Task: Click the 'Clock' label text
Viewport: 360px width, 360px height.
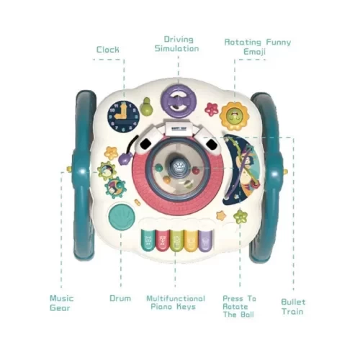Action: (108, 50)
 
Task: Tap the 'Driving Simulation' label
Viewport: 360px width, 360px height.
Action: (177, 44)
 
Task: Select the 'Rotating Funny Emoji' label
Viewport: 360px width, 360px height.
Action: (258, 47)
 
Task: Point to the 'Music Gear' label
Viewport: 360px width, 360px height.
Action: (62, 303)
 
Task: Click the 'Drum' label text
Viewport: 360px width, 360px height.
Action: (120, 299)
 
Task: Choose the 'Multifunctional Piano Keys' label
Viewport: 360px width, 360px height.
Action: (176, 302)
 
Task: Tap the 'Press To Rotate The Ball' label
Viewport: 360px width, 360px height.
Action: (239, 307)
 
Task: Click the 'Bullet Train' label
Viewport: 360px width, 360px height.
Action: (293, 307)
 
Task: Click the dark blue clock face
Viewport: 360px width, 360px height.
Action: (124, 117)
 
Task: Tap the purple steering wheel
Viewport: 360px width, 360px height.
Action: (179, 102)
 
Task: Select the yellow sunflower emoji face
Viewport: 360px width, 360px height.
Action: (234, 117)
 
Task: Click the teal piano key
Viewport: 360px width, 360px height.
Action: (148, 240)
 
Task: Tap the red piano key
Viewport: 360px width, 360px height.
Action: (163, 240)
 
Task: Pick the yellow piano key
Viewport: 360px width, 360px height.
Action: (192, 240)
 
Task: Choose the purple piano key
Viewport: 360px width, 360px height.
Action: (206, 240)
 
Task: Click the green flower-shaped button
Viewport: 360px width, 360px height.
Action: (240, 217)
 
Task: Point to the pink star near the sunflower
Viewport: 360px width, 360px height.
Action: (212, 109)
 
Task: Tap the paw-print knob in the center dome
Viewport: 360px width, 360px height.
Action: (178, 166)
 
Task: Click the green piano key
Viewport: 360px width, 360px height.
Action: (177, 240)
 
